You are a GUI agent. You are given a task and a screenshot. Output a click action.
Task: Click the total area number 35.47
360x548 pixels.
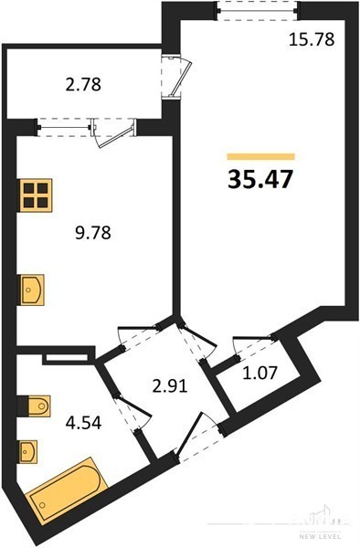(259, 180)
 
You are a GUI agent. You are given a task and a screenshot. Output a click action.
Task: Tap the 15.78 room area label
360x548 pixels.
(312, 39)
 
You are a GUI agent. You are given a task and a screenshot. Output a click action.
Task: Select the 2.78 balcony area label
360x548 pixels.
(83, 85)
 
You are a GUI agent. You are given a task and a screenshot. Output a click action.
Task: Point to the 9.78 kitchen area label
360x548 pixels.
(93, 233)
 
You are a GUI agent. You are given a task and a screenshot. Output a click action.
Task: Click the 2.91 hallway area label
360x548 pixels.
(170, 385)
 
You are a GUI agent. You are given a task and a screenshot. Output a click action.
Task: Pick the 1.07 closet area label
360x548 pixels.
(260, 373)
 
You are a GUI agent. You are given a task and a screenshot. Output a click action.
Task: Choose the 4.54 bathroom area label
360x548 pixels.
(83, 423)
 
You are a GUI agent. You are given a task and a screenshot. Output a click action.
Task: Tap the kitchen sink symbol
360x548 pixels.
(32, 290)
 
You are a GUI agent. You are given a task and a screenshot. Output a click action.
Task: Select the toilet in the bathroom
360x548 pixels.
(35, 406)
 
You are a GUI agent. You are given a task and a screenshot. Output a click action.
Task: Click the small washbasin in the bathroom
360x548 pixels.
(28, 451)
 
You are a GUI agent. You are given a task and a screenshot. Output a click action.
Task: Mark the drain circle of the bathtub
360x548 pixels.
(43, 505)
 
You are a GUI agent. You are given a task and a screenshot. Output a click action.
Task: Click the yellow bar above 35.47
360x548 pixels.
(260, 156)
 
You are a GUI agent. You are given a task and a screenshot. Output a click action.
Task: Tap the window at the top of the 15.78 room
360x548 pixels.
(258, 10)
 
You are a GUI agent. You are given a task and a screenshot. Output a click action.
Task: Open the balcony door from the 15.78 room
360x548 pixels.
(176, 78)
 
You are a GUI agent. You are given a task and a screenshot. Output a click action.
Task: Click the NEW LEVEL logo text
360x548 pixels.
(320, 536)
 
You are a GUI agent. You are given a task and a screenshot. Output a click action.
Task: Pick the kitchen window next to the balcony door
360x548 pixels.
(65, 128)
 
